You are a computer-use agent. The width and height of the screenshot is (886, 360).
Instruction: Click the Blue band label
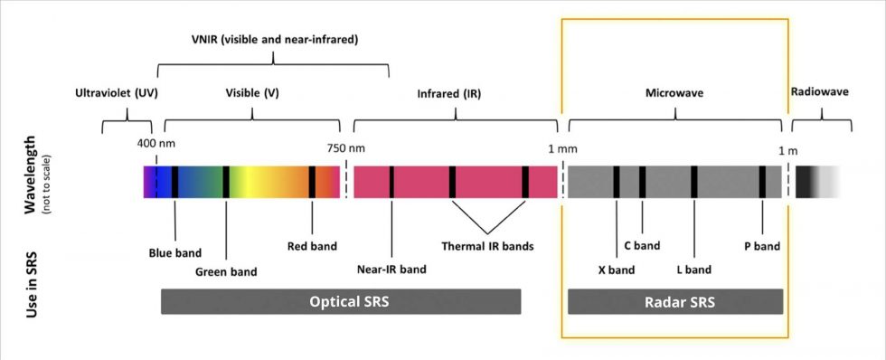click(174, 252)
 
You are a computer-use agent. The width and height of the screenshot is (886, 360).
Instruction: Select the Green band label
click(226, 271)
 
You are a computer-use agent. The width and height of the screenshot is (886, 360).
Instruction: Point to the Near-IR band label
click(391, 269)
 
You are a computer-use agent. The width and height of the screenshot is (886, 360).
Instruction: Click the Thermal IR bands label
click(487, 246)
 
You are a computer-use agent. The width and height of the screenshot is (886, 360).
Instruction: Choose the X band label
click(617, 270)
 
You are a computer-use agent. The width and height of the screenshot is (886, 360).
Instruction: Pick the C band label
click(642, 245)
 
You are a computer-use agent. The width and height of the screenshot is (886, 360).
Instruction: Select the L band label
click(693, 270)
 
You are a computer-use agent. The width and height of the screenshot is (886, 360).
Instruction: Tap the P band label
click(762, 245)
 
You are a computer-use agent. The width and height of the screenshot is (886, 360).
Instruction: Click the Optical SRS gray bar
click(341, 301)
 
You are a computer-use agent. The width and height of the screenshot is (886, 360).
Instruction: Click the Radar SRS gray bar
click(675, 301)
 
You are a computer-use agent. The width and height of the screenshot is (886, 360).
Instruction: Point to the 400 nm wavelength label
click(156, 144)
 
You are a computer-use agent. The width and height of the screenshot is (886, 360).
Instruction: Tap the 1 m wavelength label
click(787, 148)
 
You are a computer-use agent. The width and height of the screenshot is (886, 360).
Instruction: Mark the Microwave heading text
click(674, 93)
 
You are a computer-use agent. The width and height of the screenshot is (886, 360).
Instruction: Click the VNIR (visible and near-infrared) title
click(273, 41)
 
